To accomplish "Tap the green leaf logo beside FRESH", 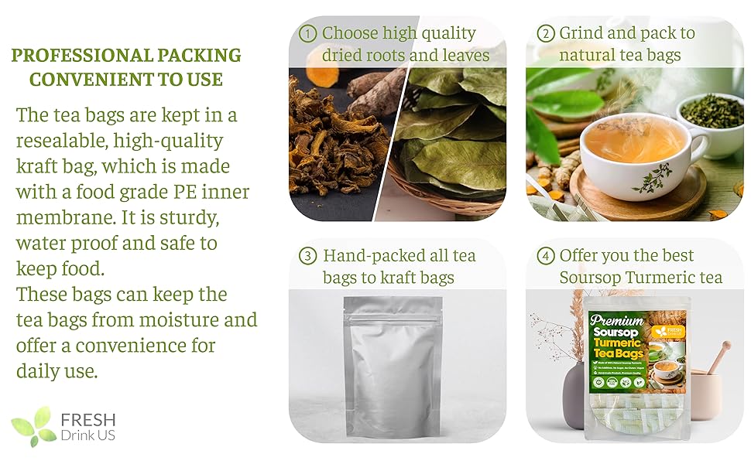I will (33, 426).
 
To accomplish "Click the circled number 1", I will (307, 33).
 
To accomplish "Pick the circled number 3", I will (308, 256).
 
